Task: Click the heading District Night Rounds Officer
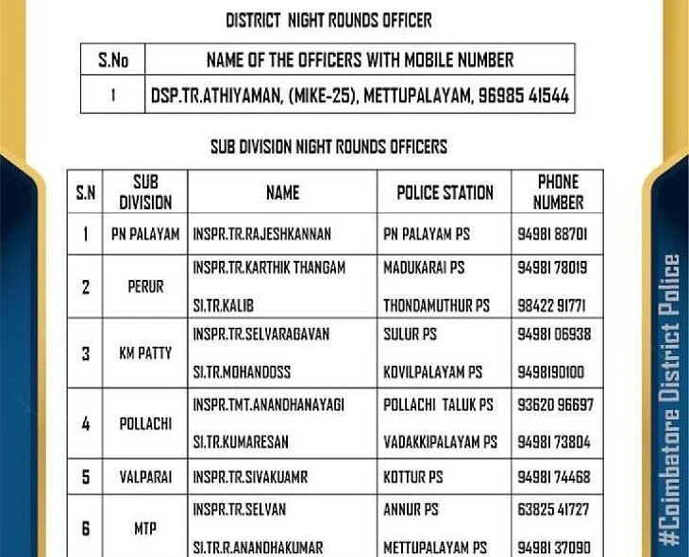tap(328, 20)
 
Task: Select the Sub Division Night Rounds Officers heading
tap(328, 147)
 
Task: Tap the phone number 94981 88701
tap(552, 233)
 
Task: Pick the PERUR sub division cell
tap(145, 287)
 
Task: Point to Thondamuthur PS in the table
tap(436, 306)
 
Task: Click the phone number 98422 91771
tap(552, 306)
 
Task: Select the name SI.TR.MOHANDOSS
tap(242, 372)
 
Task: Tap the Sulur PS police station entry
tap(411, 334)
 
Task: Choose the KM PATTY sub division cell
tap(145, 353)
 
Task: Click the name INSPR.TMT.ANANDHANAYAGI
tap(268, 404)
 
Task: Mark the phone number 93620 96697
tap(555, 404)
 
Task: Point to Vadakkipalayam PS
tap(440, 442)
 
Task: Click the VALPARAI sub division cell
tap(145, 478)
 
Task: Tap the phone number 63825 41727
tap(553, 510)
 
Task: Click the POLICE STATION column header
tap(445, 192)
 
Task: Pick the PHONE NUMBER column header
tap(558, 192)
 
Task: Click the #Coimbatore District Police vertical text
tap(669, 400)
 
